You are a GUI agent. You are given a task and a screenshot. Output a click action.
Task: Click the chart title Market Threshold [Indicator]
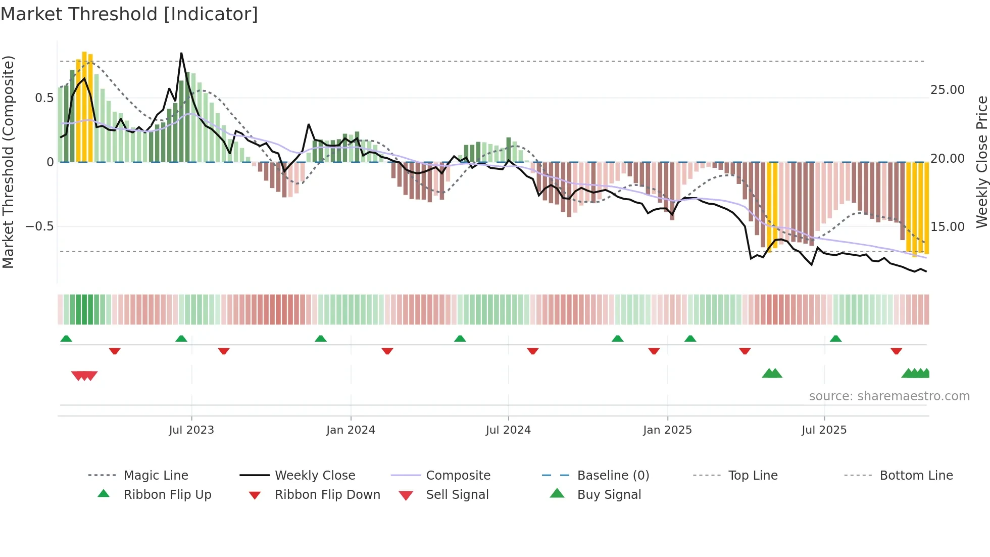(129, 14)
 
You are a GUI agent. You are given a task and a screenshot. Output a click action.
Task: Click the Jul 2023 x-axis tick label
(191, 430)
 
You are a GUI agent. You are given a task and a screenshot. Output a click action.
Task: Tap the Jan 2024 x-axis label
(351, 430)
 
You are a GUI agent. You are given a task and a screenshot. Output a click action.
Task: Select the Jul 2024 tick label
(508, 430)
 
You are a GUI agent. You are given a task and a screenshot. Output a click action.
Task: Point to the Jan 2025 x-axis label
(667, 430)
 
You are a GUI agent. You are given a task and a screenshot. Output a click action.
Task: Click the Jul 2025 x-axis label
(824, 430)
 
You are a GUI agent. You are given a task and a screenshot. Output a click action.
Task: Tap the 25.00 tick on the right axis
(947, 90)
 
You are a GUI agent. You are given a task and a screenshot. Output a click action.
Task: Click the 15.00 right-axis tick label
(947, 227)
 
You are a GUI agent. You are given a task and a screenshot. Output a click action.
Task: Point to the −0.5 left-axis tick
(40, 226)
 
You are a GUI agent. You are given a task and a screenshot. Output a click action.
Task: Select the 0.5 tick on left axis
(44, 98)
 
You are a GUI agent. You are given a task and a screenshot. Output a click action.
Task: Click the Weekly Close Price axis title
(981, 162)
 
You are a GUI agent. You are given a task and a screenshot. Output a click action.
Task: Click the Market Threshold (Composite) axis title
(8, 162)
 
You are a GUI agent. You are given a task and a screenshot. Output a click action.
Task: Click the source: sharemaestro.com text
(889, 396)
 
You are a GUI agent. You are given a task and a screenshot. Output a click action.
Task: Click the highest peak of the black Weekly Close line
(181, 54)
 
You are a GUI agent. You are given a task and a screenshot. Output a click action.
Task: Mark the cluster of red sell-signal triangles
(84, 376)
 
